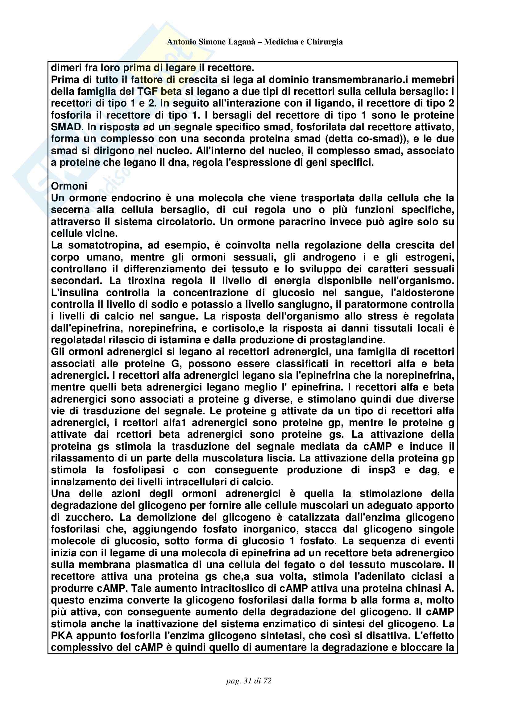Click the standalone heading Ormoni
(69, 186)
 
